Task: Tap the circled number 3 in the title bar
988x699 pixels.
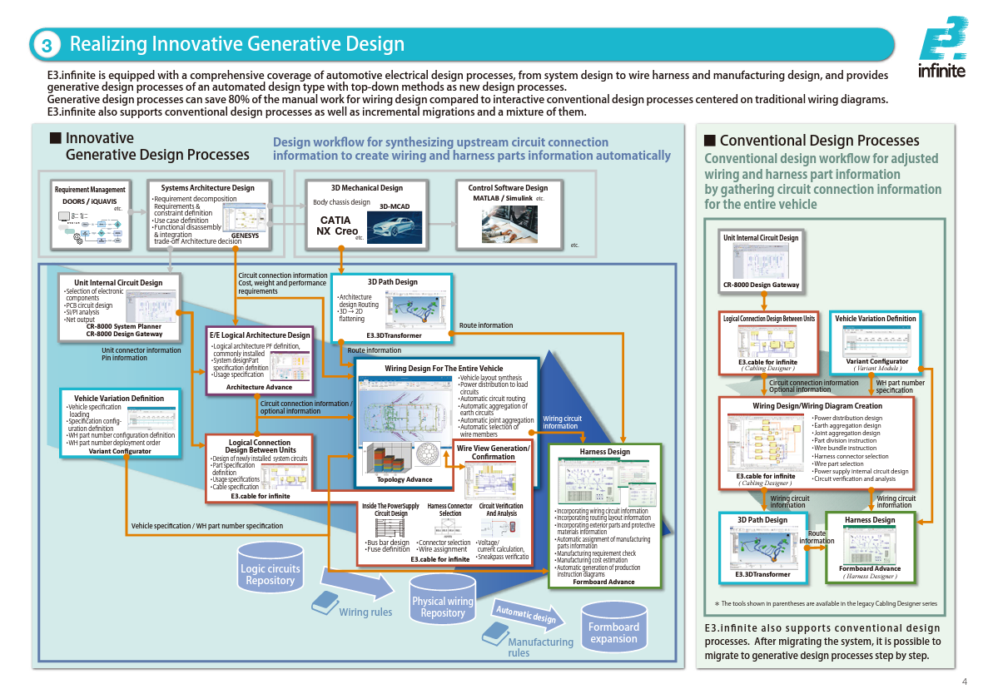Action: (47, 45)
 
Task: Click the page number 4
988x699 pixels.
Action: (964, 682)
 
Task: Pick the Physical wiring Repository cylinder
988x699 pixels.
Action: (442, 606)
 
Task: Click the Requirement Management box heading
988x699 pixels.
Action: (90, 190)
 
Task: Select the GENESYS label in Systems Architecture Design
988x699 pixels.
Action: (245, 236)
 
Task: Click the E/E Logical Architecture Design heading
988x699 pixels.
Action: (260, 335)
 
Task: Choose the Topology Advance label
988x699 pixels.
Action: (405, 479)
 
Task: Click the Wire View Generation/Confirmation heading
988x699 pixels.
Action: (493, 452)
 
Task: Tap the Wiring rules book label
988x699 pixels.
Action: (365, 612)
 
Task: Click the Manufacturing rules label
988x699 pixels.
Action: (540, 647)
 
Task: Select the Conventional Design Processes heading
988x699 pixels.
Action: (819, 141)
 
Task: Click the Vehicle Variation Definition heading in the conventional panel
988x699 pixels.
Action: (875, 318)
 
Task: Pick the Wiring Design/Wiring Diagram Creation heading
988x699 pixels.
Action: (817, 405)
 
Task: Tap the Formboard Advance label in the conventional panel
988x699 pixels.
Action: (869, 568)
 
